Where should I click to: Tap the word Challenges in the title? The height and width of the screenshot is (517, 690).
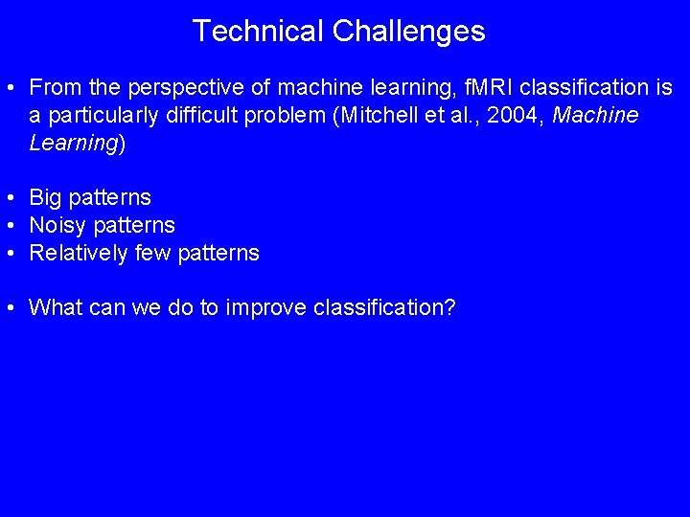[x=409, y=32]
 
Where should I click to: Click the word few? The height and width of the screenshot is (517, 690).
[x=154, y=254]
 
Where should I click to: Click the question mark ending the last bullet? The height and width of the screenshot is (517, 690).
[x=449, y=308]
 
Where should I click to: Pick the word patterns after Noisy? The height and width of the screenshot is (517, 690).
[x=134, y=226]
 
